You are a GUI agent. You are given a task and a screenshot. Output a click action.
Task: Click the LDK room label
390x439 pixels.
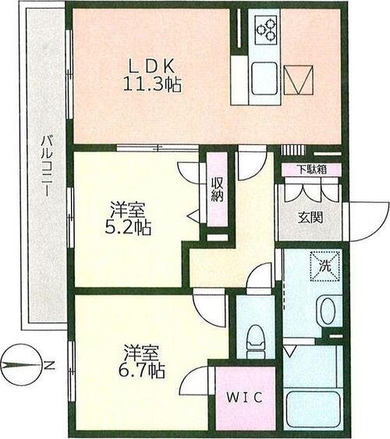point(152,66)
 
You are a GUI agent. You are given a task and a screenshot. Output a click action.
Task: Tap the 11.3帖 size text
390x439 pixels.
point(152,83)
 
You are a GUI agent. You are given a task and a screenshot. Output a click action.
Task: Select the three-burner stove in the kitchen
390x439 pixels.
point(266,29)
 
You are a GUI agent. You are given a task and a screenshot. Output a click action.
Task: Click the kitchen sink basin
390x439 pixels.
point(264,79)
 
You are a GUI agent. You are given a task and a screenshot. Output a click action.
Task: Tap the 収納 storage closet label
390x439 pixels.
point(218,189)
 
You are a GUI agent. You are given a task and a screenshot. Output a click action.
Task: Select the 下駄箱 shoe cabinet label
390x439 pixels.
point(312,169)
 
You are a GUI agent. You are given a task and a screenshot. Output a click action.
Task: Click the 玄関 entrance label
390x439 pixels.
point(310,217)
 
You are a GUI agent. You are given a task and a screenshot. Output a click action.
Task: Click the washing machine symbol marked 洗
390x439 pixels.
point(325,266)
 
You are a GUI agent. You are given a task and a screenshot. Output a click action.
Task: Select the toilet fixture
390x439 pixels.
point(256,341)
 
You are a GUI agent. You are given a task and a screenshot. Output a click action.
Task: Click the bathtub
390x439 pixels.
point(313,409)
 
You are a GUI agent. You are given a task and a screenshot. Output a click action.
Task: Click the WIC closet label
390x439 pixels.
point(245,398)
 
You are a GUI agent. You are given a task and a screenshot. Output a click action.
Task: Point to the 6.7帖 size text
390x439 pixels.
point(141,370)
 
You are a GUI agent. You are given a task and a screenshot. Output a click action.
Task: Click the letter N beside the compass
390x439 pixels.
point(50,365)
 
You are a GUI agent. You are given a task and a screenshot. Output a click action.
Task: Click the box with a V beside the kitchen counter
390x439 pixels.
point(299,80)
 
